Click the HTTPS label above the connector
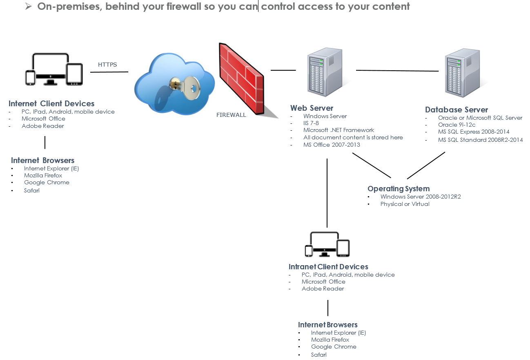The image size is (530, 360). [x=107, y=65]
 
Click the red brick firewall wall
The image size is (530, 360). [x=242, y=79]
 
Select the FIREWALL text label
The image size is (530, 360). [x=231, y=115]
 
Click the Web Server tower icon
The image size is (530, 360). [x=325, y=72]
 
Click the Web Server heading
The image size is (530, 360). [x=312, y=108]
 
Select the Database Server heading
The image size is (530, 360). [x=457, y=110]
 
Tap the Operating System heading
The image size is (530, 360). [x=399, y=189]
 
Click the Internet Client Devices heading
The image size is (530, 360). [x=51, y=103]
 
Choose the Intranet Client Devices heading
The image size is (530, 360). [x=328, y=267]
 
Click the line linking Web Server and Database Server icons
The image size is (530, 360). [x=397, y=71]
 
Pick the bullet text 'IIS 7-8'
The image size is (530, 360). [x=311, y=123]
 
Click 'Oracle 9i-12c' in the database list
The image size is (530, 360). [x=457, y=125]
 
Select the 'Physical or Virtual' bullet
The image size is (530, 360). [x=405, y=204]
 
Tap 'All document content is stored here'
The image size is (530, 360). [x=353, y=137]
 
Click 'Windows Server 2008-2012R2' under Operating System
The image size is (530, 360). [x=421, y=197]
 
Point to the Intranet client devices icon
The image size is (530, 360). [x=327, y=244]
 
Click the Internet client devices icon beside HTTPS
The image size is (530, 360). [x=54, y=69]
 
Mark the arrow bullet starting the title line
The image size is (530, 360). [x=29, y=7]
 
